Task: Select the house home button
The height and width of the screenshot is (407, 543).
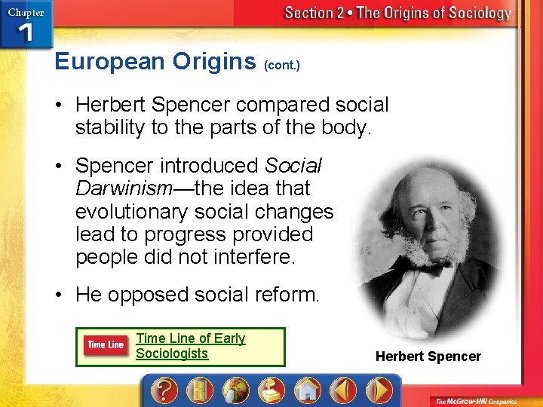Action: pos(308,391)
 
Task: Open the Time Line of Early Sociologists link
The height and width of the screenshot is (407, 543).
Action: pos(190,346)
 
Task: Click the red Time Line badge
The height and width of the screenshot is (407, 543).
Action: pos(106,345)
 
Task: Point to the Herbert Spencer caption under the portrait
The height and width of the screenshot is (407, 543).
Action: pos(428,357)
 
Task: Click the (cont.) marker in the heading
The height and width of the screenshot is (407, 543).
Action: pos(282,66)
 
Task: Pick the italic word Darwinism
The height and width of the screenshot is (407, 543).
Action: pos(124,188)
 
